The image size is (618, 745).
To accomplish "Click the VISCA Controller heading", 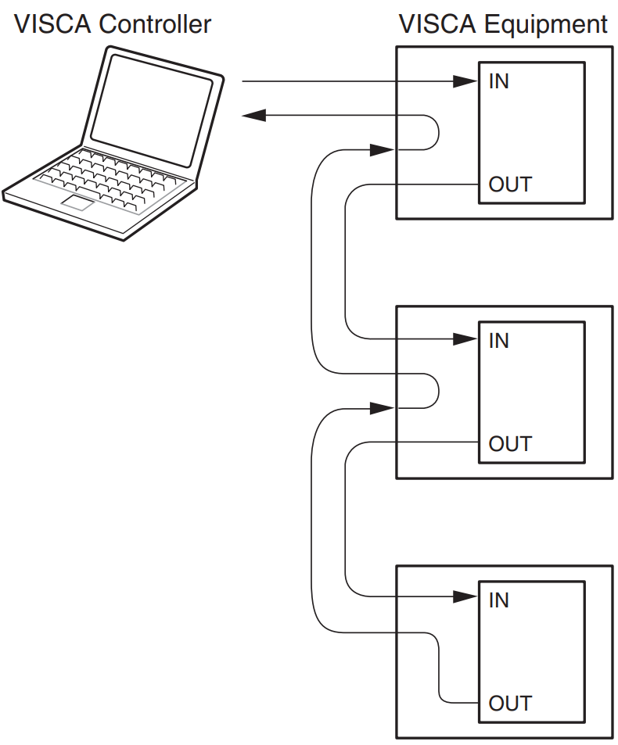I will point(113,24).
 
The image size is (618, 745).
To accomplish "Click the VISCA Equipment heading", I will point(503,24).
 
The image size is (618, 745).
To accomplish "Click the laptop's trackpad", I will point(79,204).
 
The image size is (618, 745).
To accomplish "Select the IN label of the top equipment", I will point(498,81).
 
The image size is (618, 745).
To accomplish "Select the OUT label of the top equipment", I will point(509,184).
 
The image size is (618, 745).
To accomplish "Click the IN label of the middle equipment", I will point(498,340).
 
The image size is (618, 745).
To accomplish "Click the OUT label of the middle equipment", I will point(509,444).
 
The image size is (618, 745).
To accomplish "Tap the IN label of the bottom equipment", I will point(498,600).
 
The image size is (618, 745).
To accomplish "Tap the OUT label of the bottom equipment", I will point(509,703).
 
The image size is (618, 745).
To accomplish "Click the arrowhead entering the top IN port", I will point(465,81).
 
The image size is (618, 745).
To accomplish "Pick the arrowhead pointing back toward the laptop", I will point(255,116).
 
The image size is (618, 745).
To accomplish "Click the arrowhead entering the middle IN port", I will point(465,339).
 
